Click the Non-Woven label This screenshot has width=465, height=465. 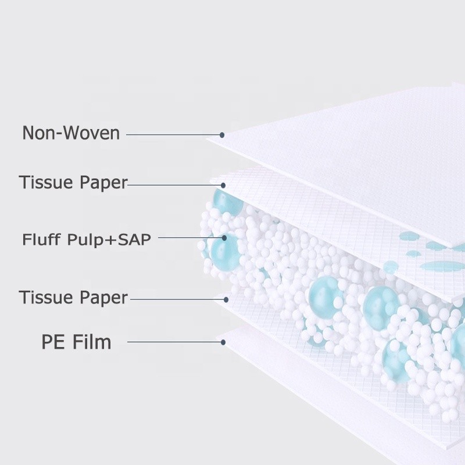click(x=71, y=133)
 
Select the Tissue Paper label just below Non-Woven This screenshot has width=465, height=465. click(x=73, y=183)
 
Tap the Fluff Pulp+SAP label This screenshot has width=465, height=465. click(x=86, y=238)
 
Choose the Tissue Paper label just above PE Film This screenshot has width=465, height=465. click(x=73, y=298)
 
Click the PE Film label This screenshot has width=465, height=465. click(x=76, y=342)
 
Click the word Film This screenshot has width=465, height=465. click(x=91, y=342)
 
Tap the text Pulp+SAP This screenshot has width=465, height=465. click(x=111, y=238)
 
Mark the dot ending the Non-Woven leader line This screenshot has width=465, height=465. click(x=222, y=135)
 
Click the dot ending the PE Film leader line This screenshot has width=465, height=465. click(x=223, y=342)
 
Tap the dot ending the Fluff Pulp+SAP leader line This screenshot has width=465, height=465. click(x=224, y=237)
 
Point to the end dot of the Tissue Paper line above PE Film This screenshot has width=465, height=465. click(x=224, y=300)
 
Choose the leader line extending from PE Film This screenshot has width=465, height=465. click(x=174, y=342)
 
